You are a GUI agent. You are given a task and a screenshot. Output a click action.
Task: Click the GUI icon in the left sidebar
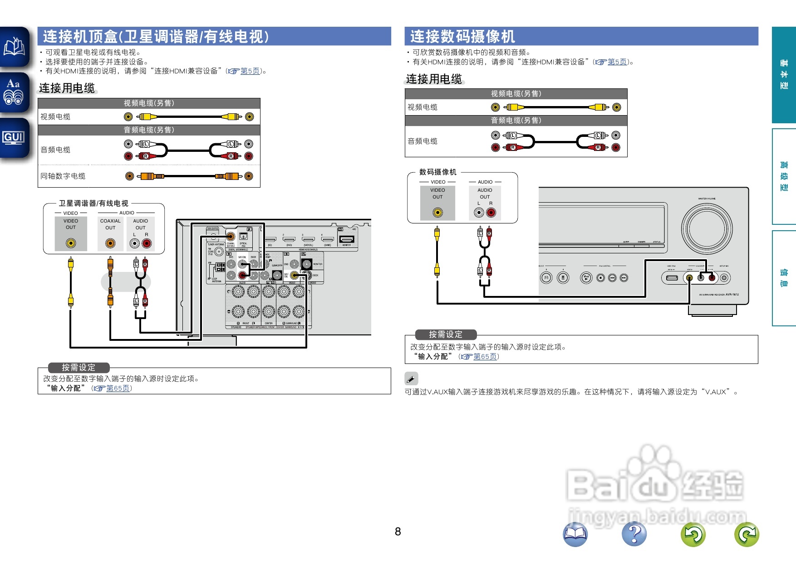pos(14,137)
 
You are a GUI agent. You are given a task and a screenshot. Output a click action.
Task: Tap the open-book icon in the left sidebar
pos(14,47)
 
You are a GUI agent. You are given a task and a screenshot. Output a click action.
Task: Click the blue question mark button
pos(634,534)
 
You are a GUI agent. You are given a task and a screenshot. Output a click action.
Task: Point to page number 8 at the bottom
pos(398,532)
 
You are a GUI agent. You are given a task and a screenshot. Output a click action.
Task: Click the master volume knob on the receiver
pos(706,227)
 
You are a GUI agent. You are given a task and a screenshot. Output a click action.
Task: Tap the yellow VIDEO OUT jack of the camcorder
pos(437,212)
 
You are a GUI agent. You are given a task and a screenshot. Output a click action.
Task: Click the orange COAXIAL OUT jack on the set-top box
pos(110,243)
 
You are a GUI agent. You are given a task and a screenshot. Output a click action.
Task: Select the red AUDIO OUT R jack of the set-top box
pos(147,243)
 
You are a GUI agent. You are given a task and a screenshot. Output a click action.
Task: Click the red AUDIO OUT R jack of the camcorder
pos(491,212)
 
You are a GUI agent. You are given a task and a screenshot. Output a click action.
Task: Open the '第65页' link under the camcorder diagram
pos(485,357)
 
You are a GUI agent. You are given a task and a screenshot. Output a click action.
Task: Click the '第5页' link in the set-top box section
pos(250,71)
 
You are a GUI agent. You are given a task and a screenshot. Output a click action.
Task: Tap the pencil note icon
pos(411,378)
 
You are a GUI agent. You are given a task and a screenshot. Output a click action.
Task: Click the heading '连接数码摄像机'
pos(462,36)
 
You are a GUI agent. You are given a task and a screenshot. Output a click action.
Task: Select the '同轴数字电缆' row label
pos(63,176)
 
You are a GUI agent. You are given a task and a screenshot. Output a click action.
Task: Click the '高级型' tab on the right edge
pos(784,176)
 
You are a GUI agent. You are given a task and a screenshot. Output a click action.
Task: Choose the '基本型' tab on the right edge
pos(784,75)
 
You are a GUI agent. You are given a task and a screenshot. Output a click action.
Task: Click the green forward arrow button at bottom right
pos(747,534)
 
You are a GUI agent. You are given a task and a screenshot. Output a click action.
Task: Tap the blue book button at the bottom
pos(575,534)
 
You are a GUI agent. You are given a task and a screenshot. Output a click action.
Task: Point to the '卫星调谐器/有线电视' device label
pos(93,203)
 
